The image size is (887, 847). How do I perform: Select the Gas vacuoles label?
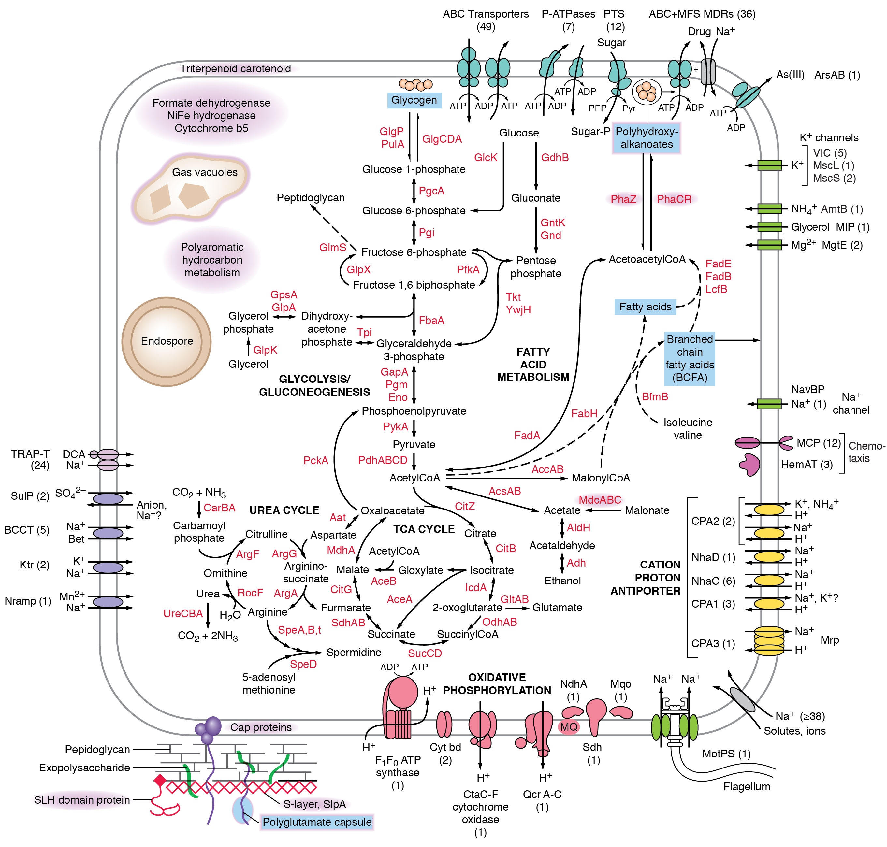tap(205, 172)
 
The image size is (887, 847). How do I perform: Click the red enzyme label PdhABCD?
tap(383, 460)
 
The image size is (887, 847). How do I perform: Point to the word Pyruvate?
tap(414, 444)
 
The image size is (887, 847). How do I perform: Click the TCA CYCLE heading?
tap(424, 529)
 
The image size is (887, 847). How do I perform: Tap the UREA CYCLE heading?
tap(284, 510)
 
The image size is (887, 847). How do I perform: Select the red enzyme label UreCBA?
tap(183, 613)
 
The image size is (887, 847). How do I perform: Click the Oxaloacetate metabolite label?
tap(392, 510)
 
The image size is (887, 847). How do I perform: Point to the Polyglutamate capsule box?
tap(317, 822)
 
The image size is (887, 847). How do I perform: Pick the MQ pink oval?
tap(569, 726)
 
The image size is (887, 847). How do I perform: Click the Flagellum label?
tap(747, 786)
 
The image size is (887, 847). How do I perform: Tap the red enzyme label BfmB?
tap(655, 396)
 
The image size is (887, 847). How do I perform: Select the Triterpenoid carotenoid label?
tap(235, 69)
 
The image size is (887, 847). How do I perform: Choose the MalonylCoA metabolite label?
tap(601, 478)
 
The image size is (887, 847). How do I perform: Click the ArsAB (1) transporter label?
tap(837, 75)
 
